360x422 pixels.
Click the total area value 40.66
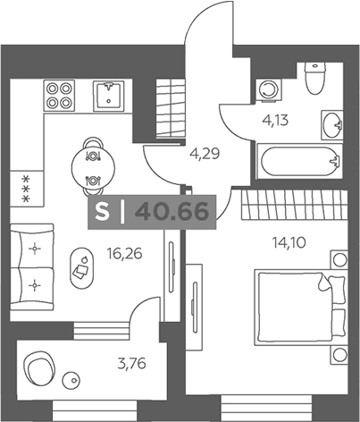[x=172, y=212]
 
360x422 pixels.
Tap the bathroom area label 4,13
[x=275, y=121]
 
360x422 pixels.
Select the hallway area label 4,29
[x=205, y=154]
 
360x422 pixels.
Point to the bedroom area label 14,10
[x=289, y=242]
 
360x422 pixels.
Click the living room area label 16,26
[x=125, y=254]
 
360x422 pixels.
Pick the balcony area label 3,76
[x=131, y=364]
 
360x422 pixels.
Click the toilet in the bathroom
[x=314, y=78]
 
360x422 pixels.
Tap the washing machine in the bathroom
[x=270, y=90]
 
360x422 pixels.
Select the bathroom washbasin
[x=332, y=125]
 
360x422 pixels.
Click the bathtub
[x=300, y=161]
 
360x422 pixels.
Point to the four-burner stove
[x=59, y=96]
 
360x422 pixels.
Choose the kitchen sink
[x=109, y=96]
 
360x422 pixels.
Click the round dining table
[x=93, y=167]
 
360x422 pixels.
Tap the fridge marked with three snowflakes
[x=27, y=189]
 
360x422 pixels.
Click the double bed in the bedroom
[x=301, y=308]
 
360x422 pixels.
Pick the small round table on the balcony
[x=71, y=380]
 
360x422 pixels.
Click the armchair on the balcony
[x=38, y=368]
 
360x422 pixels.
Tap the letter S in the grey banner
[x=102, y=212]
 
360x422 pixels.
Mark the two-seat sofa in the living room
[x=32, y=267]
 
